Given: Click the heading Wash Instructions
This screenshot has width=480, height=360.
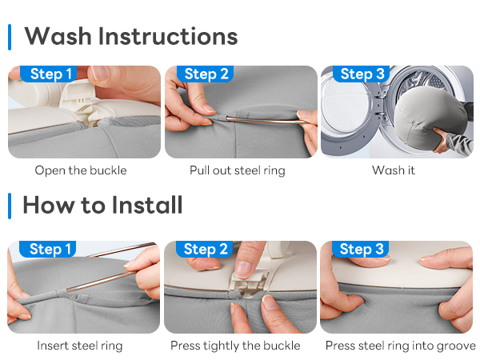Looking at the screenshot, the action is (x=131, y=36).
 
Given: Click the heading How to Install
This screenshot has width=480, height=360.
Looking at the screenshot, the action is (x=103, y=205).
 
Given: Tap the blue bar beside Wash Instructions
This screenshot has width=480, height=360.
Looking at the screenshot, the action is (x=10, y=37).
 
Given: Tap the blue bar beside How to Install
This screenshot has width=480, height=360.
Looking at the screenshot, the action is (x=10, y=206).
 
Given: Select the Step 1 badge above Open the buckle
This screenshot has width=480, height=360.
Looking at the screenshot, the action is (x=49, y=74).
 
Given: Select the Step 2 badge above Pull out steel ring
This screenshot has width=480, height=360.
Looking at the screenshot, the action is (x=206, y=74).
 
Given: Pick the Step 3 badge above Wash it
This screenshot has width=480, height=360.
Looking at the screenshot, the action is (x=362, y=74).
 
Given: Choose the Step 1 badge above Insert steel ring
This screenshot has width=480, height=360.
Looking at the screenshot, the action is (x=48, y=249).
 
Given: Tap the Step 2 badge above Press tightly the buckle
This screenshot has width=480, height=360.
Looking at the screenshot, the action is (x=205, y=249).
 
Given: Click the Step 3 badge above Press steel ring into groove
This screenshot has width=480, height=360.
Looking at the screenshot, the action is (x=360, y=249).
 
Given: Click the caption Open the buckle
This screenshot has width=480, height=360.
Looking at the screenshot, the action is (x=81, y=170).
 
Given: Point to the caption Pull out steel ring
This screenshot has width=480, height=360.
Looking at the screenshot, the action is (x=238, y=170).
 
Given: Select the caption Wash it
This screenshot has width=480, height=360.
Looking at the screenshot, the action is (x=394, y=170).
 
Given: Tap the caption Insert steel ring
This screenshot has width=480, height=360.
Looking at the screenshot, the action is (x=80, y=346).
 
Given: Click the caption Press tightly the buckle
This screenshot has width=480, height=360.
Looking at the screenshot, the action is (x=235, y=346).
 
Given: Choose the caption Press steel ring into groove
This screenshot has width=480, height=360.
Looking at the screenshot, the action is (x=401, y=346).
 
